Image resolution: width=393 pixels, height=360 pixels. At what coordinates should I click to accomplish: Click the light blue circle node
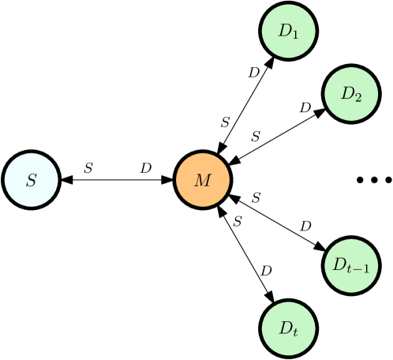(x=32, y=180)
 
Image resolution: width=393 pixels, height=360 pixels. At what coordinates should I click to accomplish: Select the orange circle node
(x=203, y=180)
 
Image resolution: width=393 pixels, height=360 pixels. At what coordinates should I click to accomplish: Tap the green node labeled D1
(x=289, y=32)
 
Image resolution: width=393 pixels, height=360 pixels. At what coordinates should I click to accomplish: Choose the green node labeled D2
(x=351, y=94)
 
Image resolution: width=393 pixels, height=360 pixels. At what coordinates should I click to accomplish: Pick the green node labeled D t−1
(x=351, y=266)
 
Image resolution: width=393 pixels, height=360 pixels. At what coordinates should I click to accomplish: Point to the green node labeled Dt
(x=289, y=328)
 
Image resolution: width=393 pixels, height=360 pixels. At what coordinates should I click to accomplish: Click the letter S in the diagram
(x=32, y=180)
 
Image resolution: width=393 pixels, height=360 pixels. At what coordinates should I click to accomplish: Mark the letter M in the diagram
(x=203, y=180)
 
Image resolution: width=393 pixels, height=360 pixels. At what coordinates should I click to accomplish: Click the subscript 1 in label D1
(x=295, y=35)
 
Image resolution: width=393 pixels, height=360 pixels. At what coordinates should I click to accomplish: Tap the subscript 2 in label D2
(x=358, y=97)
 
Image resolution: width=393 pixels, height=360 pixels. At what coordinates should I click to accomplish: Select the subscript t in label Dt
(x=295, y=332)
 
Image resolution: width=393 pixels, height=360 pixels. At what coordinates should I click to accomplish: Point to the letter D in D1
(x=285, y=31)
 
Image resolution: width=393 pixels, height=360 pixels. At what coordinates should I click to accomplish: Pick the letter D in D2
(x=347, y=93)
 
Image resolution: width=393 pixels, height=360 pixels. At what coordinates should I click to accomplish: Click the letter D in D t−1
(x=339, y=264)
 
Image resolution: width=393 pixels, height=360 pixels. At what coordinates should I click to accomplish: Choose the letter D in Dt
(x=285, y=326)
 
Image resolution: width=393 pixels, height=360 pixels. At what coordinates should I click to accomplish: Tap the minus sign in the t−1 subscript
(x=357, y=269)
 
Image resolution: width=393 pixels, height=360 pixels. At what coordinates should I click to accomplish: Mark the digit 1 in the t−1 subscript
(x=365, y=269)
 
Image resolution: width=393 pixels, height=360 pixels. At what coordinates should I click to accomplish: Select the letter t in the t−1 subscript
(x=350, y=269)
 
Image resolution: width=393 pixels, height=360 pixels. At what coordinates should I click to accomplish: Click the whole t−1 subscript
(x=357, y=269)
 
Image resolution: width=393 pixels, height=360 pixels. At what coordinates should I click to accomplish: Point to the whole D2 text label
(x=351, y=94)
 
